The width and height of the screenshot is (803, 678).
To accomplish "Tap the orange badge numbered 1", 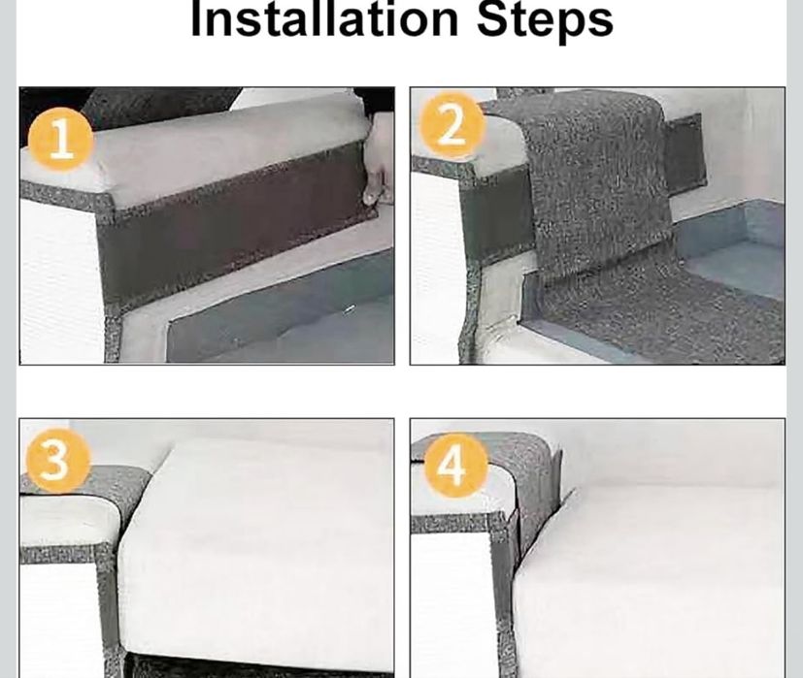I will (61, 139).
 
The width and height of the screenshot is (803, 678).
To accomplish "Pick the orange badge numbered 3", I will (55, 460).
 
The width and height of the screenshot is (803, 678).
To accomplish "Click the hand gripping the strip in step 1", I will (378, 160).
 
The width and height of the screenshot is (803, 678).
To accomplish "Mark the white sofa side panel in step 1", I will (58, 281).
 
